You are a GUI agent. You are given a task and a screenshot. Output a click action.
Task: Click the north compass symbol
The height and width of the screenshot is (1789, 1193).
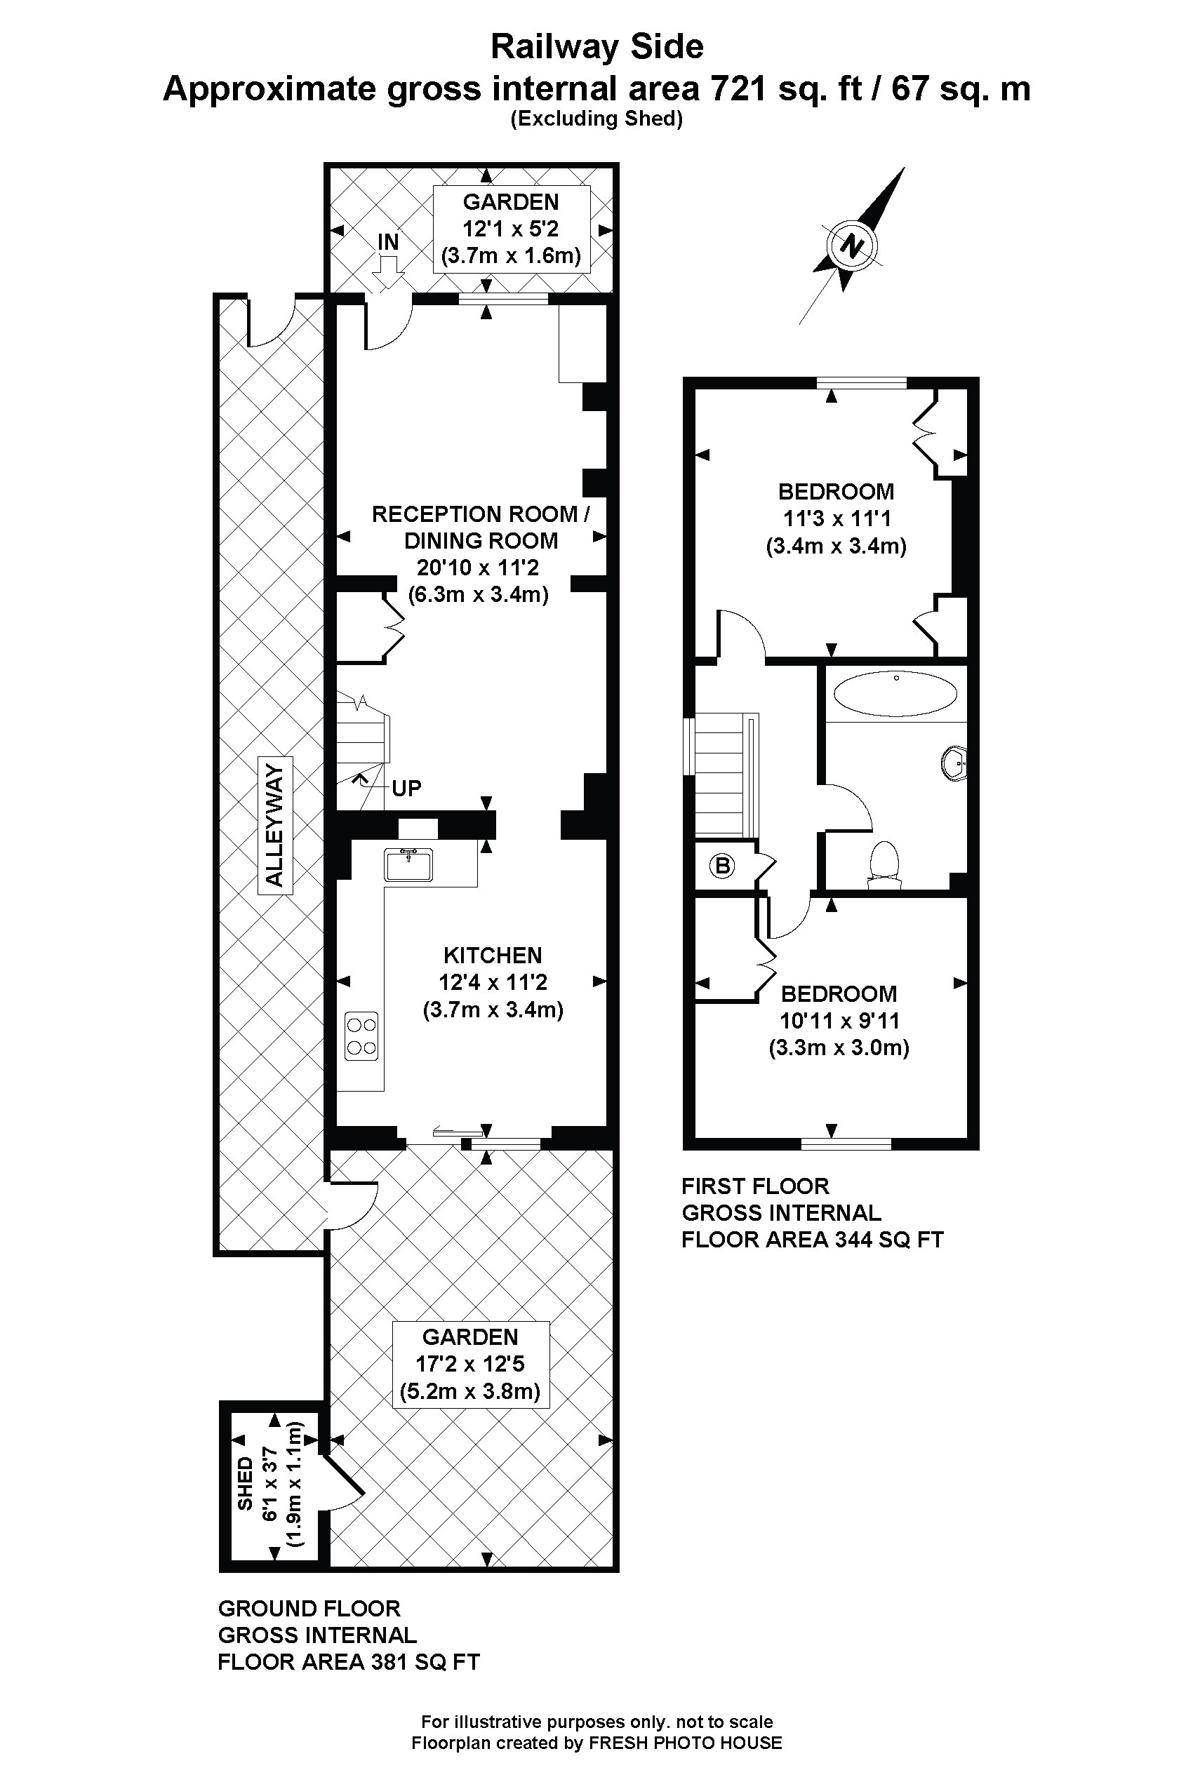852,246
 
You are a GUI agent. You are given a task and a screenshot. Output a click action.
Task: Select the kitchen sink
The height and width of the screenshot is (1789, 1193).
408,865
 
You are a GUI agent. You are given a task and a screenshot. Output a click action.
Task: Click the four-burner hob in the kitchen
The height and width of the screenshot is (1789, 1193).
361,1036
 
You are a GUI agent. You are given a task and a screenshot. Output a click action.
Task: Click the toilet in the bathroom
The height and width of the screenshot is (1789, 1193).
884,864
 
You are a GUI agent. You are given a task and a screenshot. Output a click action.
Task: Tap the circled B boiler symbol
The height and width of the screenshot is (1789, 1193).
722,865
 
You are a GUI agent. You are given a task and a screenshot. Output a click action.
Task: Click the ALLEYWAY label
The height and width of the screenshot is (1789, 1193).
274,825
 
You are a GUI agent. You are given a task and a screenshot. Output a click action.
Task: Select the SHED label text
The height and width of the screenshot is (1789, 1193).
245,1483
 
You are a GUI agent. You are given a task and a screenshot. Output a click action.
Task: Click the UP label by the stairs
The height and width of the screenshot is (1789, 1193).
406,788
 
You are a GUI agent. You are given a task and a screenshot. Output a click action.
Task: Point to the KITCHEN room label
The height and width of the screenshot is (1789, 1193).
492,956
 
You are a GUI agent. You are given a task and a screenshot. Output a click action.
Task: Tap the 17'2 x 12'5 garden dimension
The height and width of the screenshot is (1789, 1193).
469,1364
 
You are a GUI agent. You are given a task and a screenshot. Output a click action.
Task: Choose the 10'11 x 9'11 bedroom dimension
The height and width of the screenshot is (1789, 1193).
839,1021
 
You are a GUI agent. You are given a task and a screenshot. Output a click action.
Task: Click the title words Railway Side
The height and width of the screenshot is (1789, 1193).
596,47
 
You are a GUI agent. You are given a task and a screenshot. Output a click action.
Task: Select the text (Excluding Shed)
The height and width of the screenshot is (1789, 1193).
596,119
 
